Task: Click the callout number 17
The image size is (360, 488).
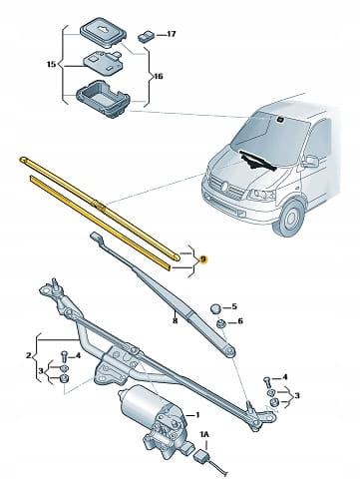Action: point(171,34)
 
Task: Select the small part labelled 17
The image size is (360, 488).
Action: point(146,36)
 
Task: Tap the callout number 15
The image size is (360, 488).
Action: point(51,64)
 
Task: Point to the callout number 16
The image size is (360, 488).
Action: point(158,76)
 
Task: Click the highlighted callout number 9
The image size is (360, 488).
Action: point(203,258)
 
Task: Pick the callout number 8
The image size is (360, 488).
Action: point(176,320)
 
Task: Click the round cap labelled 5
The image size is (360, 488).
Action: point(215,308)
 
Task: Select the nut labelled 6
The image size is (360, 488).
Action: point(220,322)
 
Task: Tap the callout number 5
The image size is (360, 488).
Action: point(234,306)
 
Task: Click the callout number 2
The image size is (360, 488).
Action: point(29,355)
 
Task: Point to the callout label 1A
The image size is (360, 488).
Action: point(204,434)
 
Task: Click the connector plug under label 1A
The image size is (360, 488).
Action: point(201,455)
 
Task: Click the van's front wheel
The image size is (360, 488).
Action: point(288,218)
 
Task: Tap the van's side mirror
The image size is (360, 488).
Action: point(310,161)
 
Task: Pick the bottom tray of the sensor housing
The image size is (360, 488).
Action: point(103,98)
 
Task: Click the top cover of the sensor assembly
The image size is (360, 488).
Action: point(104,32)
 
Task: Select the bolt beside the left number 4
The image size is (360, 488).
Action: point(64,356)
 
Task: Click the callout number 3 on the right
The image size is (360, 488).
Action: point(297,395)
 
